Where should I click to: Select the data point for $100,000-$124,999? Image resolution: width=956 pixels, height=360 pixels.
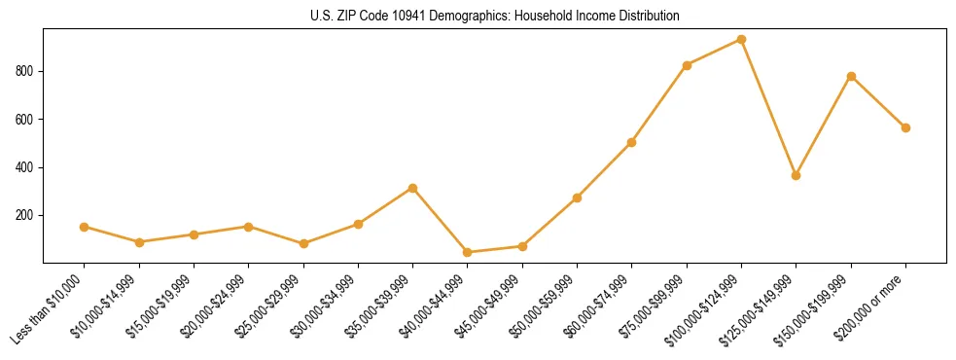point(742,40)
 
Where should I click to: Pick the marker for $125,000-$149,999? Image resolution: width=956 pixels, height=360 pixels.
point(797,175)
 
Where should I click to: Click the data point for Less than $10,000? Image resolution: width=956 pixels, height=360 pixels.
point(85,227)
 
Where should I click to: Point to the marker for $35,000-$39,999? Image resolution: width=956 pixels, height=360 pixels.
point(413,188)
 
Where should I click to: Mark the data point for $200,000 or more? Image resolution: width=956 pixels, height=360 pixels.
point(905,127)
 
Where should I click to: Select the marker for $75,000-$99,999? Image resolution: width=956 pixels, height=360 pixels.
point(687,65)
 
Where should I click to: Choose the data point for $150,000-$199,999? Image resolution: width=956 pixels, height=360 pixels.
point(851,76)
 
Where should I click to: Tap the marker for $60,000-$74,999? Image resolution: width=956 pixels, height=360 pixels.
point(632,142)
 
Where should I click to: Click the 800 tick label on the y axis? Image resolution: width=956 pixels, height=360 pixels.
point(24,71)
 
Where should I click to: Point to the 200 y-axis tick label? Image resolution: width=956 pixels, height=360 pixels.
point(24,215)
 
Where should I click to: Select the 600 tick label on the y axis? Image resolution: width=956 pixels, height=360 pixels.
point(24,120)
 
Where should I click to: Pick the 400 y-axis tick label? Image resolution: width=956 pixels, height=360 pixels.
point(24,167)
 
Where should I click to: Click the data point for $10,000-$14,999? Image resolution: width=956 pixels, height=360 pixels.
point(139,242)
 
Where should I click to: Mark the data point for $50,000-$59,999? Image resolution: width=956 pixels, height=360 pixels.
point(578,198)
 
